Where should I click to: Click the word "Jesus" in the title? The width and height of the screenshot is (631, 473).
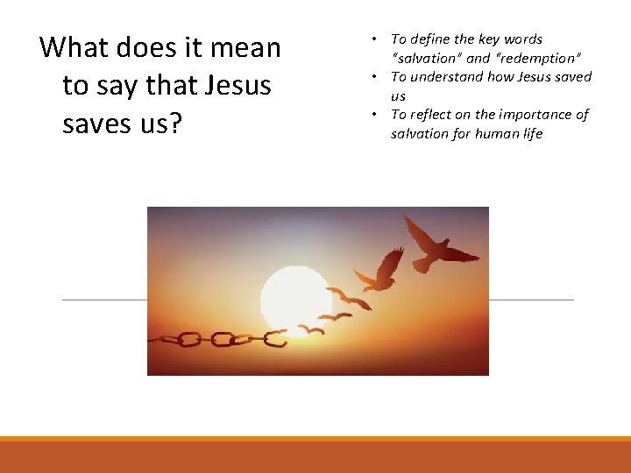238,86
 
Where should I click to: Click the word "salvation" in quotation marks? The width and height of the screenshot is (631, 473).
429,58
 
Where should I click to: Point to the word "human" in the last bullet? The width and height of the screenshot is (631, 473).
489,134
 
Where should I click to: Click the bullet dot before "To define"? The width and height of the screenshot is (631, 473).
373,39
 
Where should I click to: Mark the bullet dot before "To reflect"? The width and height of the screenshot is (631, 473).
373,115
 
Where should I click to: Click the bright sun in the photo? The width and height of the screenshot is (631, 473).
295,298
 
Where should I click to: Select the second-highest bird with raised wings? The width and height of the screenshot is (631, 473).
383,269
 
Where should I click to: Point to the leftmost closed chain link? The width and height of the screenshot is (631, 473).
188,338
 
